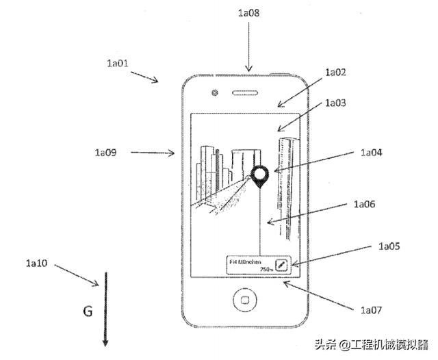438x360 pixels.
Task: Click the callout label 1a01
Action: pos(117,63)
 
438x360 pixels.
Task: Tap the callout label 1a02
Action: pos(335,71)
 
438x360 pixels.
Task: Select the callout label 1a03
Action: pos(335,103)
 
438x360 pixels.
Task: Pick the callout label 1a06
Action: pos(366,203)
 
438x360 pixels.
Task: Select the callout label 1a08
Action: pos(249,12)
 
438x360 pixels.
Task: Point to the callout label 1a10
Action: pos(37,262)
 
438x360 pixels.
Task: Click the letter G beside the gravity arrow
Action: pos(88,312)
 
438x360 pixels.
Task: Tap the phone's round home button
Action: pos(244,300)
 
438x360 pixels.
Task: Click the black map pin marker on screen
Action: pos(259,177)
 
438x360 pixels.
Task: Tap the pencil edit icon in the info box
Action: pos(281,265)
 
